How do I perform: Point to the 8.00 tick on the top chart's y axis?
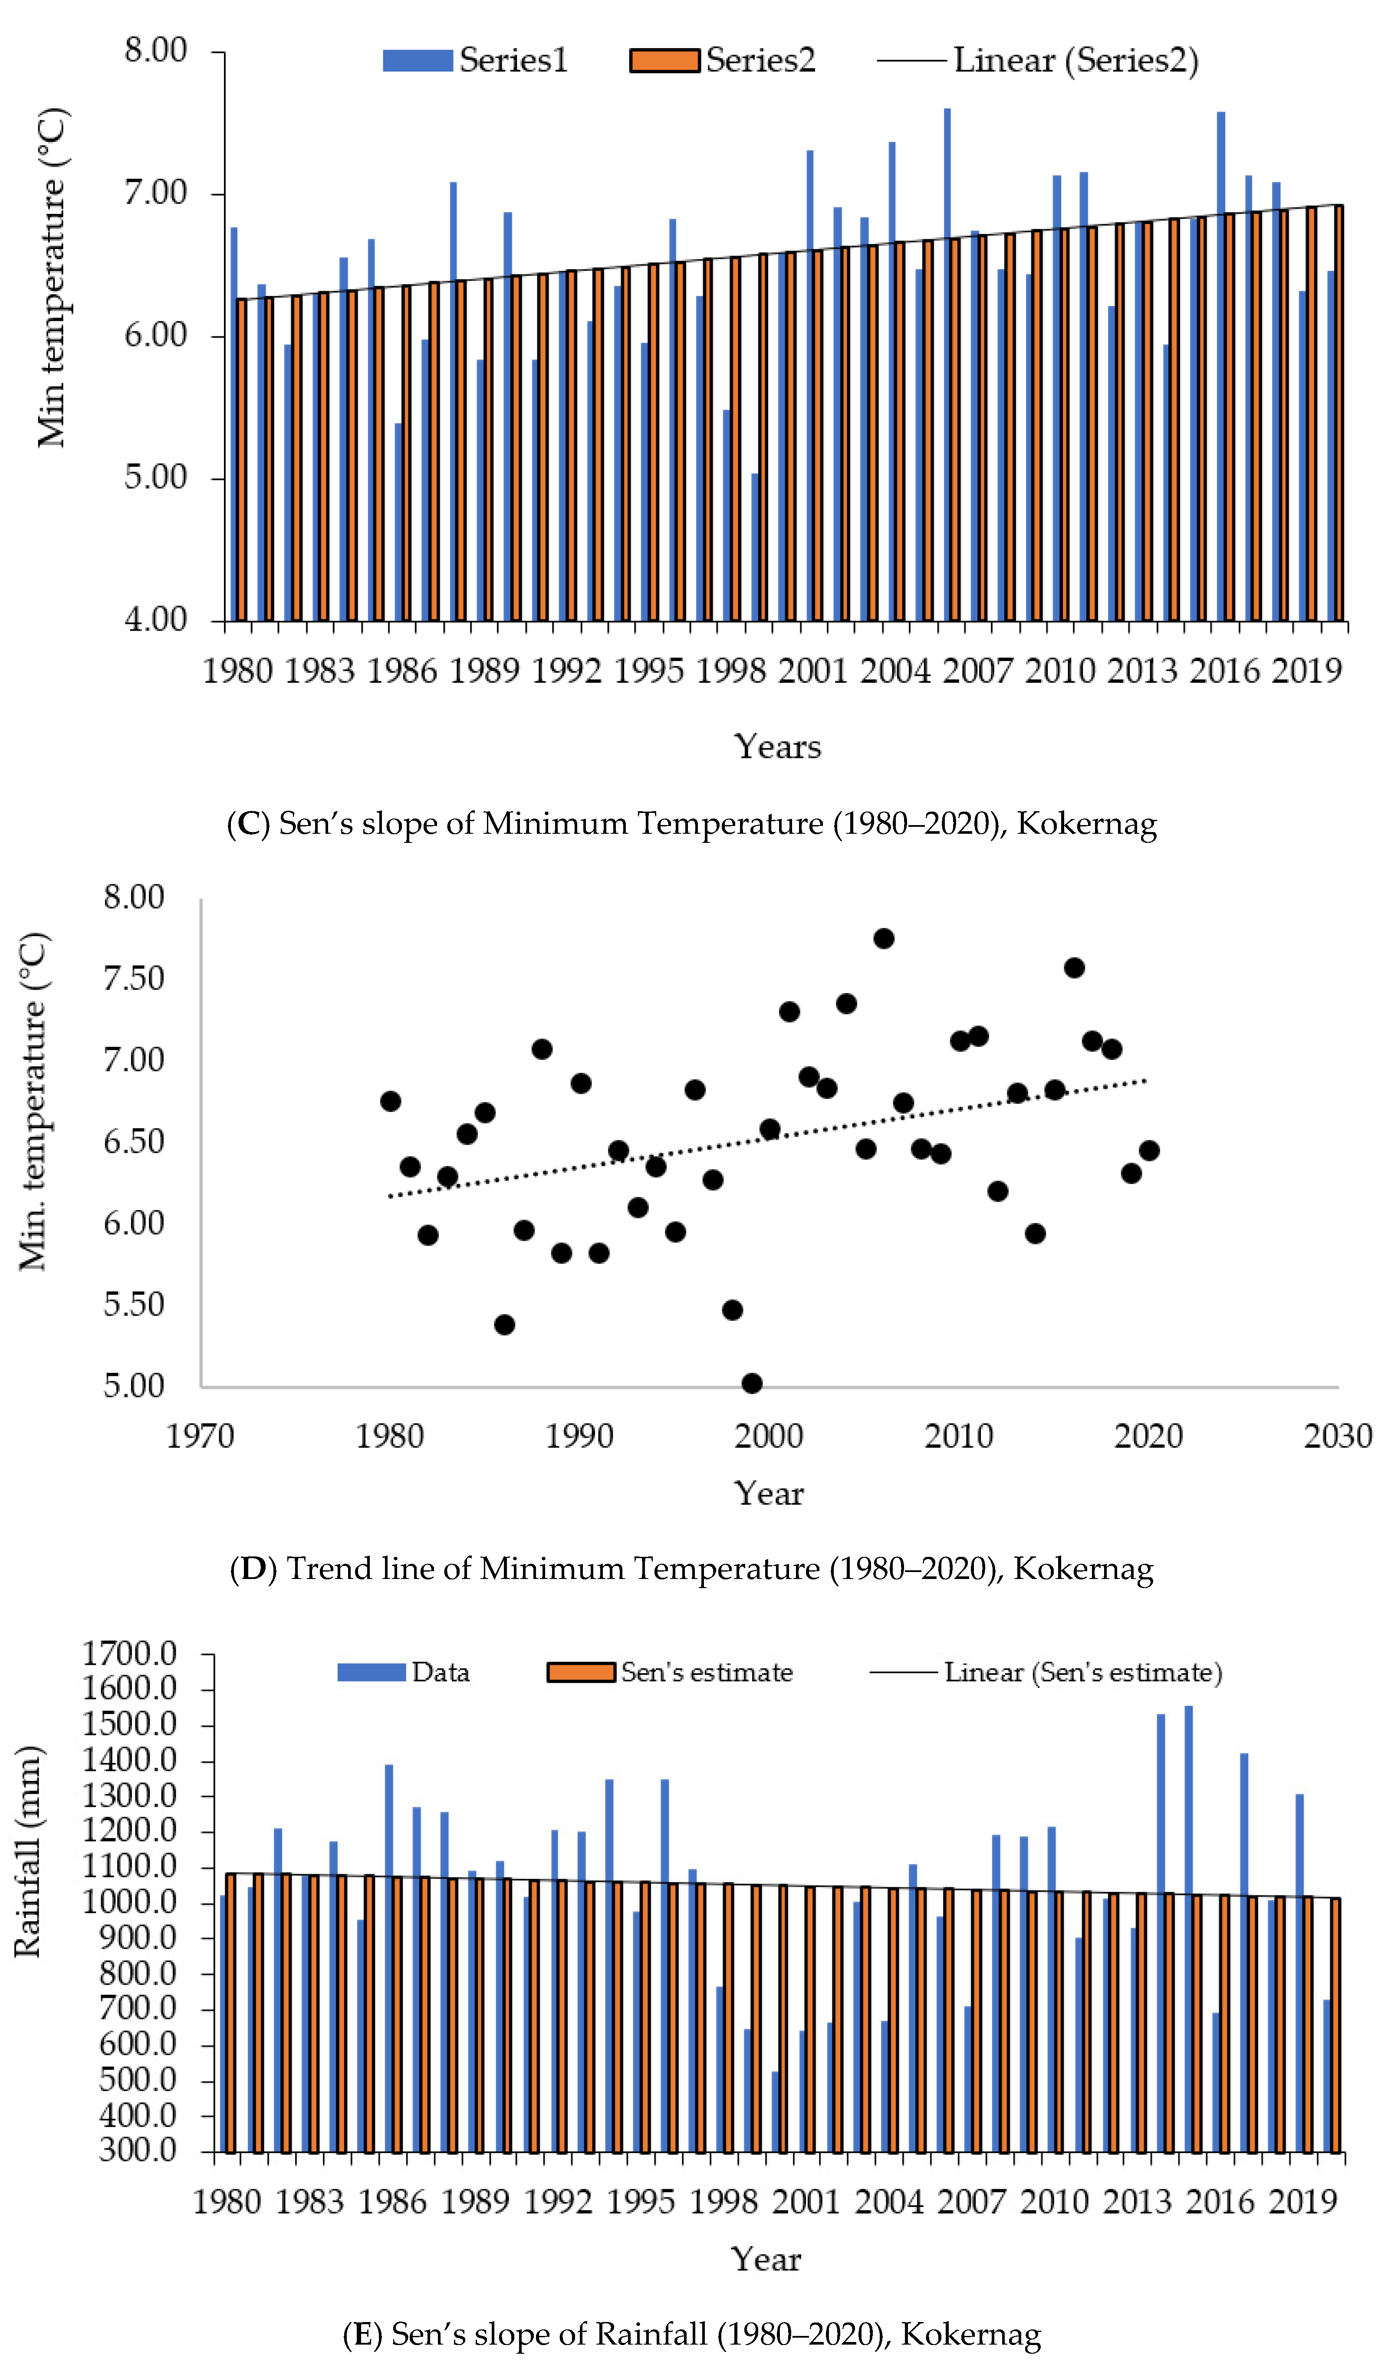click(x=156, y=51)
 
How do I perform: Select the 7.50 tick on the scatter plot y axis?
click(x=133, y=978)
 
